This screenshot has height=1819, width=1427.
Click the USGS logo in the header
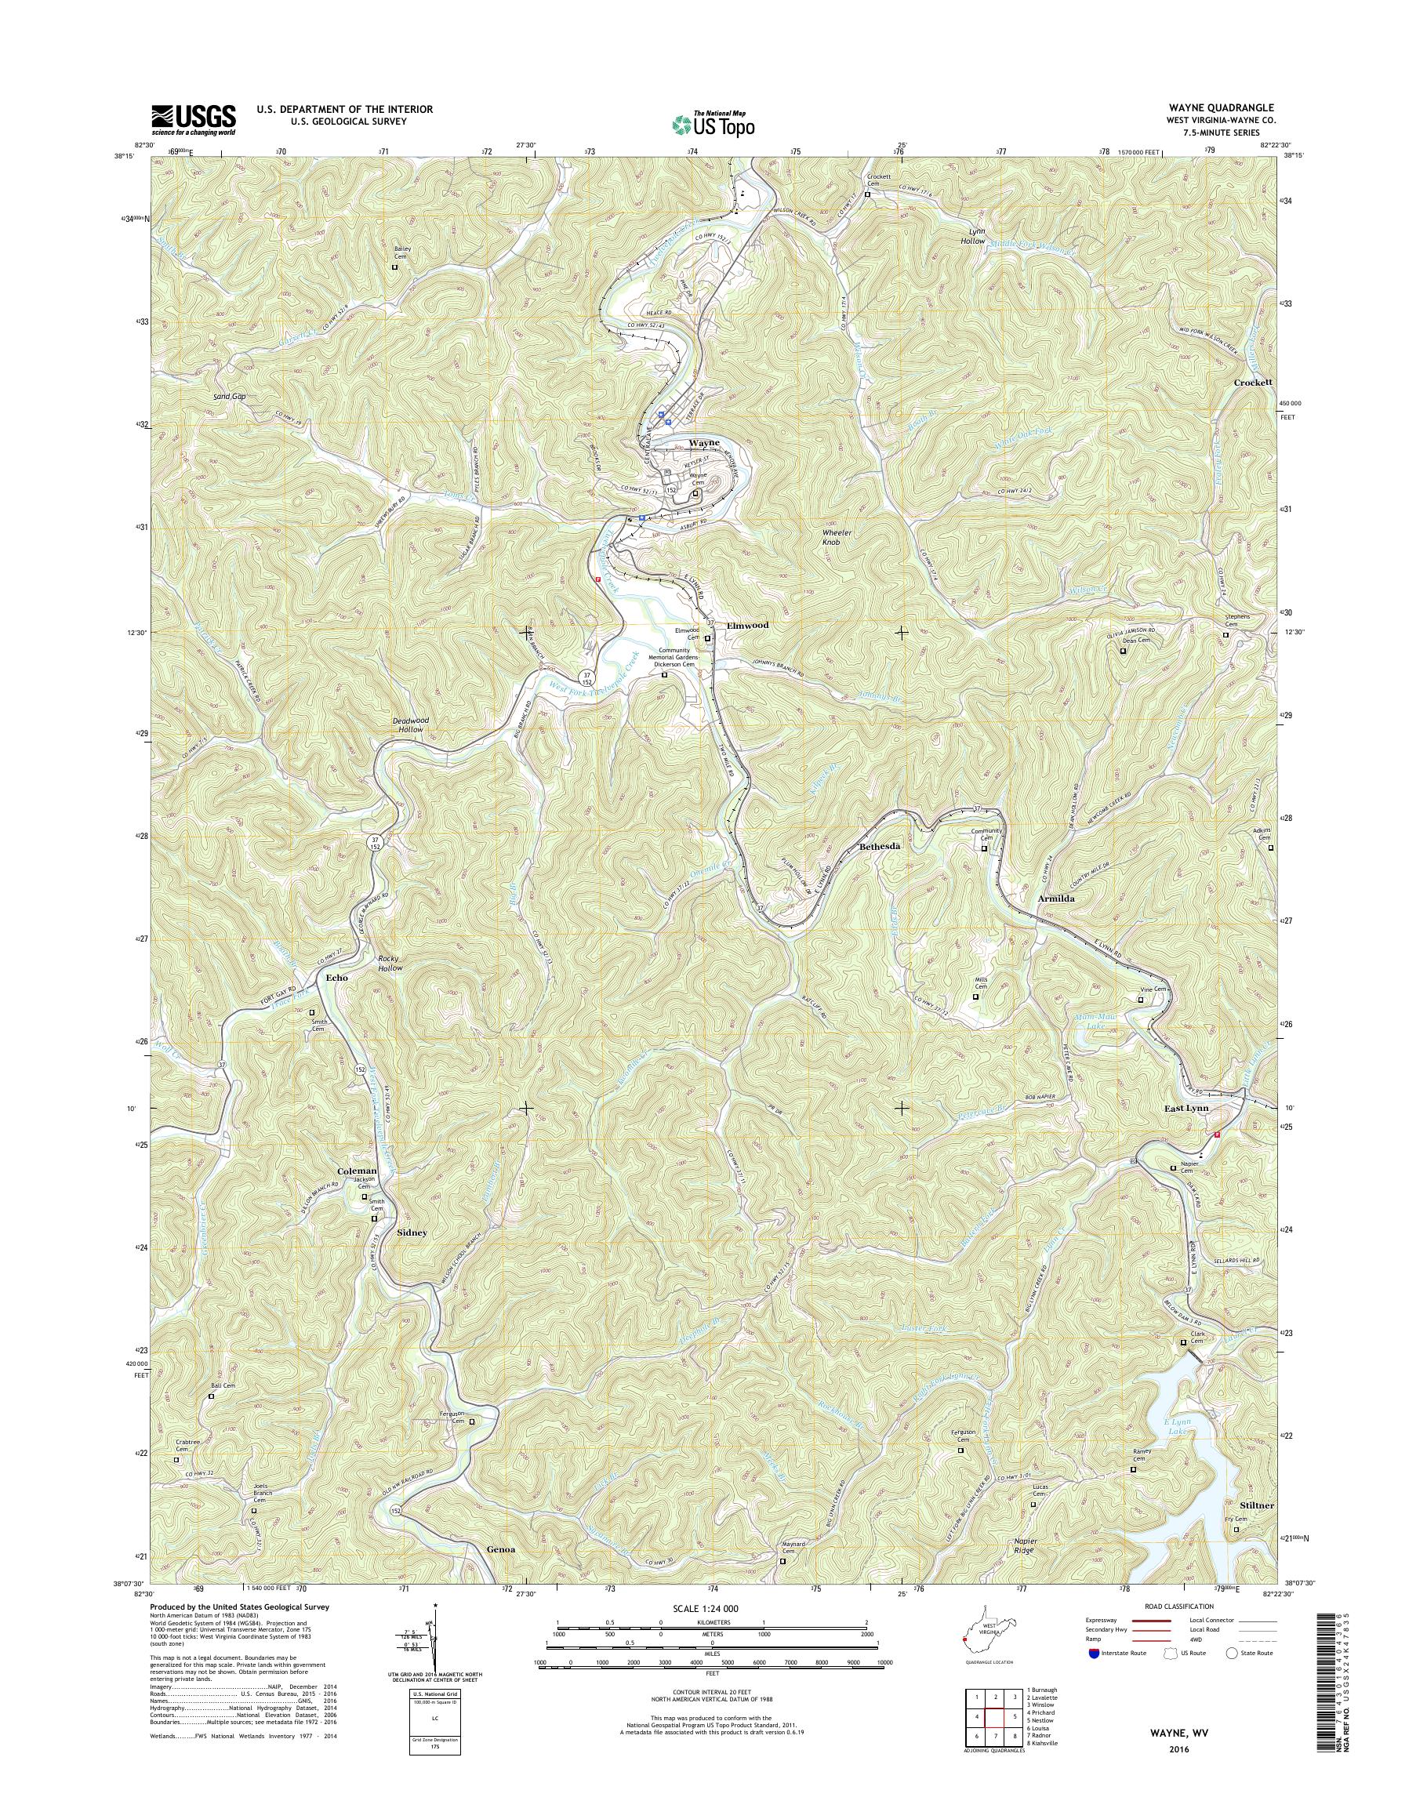(x=193, y=120)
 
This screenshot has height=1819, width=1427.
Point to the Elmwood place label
(x=747, y=625)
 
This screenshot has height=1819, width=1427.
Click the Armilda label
(x=1044, y=898)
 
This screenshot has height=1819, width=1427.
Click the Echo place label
(x=336, y=977)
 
